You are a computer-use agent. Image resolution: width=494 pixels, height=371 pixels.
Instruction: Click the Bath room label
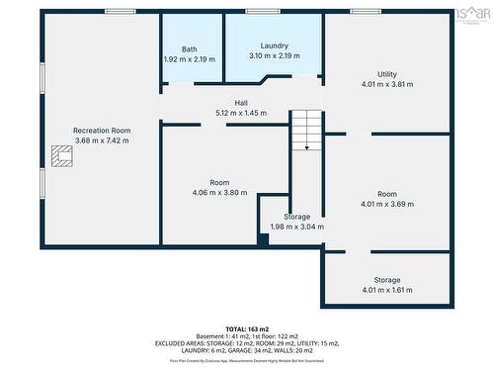189,49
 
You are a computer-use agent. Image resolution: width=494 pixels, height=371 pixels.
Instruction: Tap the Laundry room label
274,46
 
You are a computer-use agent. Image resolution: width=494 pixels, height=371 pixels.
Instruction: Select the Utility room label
386,74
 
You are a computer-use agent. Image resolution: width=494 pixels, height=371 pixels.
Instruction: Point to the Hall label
241,103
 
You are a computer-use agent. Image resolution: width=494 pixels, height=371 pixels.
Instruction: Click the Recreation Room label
102,131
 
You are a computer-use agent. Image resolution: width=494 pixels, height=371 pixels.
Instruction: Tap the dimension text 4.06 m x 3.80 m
219,192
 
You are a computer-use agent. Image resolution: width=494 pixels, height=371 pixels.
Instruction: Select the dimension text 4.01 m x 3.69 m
386,204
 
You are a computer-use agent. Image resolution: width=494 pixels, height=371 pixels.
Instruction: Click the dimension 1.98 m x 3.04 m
297,227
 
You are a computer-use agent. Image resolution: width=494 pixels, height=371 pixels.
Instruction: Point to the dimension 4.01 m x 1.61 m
386,291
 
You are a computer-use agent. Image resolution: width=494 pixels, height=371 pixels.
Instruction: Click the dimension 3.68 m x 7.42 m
102,140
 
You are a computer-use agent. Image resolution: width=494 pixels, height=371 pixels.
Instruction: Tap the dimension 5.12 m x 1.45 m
241,113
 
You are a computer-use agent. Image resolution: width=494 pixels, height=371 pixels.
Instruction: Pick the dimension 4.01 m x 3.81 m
386,84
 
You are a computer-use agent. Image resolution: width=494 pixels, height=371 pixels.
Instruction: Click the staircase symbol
306,131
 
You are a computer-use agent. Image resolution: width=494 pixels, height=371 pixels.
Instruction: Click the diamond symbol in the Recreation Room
61,154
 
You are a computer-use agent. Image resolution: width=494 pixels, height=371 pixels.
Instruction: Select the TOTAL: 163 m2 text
246,327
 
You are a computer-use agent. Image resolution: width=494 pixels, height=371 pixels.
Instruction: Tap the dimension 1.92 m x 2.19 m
189,59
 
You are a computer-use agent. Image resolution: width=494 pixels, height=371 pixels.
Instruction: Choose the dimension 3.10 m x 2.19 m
274,56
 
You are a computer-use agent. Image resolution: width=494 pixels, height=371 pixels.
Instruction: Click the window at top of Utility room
365,11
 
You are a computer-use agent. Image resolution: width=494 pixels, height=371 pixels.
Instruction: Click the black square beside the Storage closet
263,238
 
